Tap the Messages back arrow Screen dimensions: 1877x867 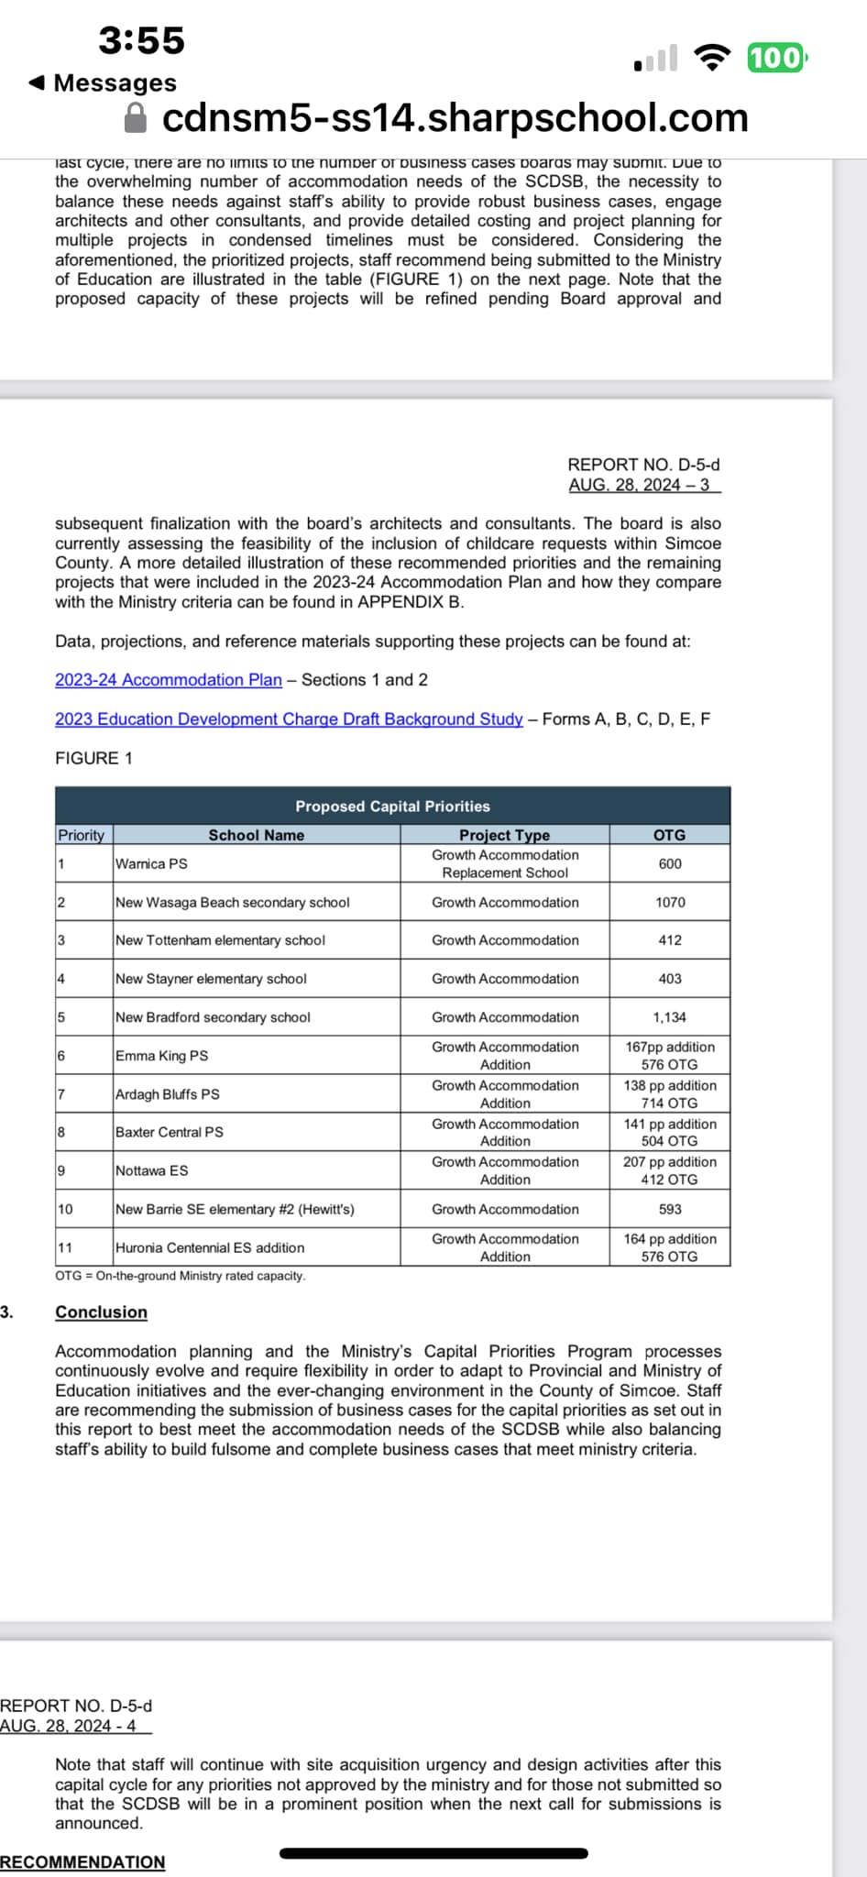(37, 83)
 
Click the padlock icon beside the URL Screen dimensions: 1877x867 (136, 117)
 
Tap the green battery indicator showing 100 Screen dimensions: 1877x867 (775, 58)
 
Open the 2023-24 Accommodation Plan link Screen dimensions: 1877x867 (169, 680)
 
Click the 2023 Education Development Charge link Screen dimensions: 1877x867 (289, 719)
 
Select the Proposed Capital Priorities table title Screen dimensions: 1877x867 (392, 807)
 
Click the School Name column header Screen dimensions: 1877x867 (256, 835)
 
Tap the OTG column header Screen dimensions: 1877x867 (669, 835)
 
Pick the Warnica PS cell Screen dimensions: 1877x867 (151, 864)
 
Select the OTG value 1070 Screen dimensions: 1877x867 (670, 903)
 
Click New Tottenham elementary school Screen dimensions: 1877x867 (220, 940)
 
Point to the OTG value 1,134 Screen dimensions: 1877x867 (670, 1017)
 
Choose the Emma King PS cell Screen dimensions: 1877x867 (162, 1056)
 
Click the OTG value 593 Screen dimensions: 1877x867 (670, 1210)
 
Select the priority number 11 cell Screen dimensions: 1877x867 (66, 1247)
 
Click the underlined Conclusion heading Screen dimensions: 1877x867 (101, 1312)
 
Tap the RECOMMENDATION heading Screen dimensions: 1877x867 (82, 1862)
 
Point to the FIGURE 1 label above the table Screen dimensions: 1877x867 (93, 759)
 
